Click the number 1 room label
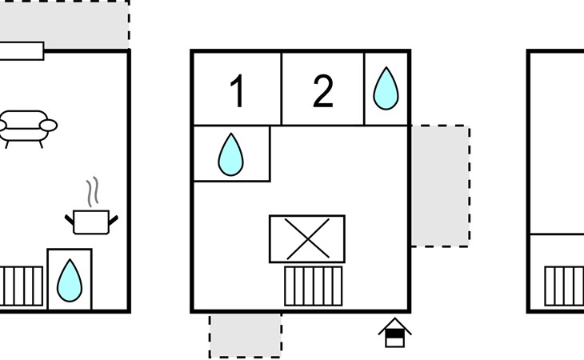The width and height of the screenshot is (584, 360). point(237,92)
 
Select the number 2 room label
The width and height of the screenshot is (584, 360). point(322,92)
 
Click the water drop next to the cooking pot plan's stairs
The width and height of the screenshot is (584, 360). point(70,279)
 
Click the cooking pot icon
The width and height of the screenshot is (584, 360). point(91,220)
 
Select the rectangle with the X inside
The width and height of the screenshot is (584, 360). point(307,238)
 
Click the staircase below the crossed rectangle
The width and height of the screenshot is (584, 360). point(314,286)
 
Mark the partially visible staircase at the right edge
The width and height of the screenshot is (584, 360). point(565,286)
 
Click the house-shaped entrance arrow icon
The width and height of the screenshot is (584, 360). point(394,332)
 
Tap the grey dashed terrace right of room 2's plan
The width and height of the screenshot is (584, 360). point(440,186)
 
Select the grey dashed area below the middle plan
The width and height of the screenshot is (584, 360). point(246,335)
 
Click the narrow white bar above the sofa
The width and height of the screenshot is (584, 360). point(21,51)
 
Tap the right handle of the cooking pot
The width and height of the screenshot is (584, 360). point(114,218)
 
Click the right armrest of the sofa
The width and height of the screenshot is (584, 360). point(50,125)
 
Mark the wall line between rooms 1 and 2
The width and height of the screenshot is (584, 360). point(282,88)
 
